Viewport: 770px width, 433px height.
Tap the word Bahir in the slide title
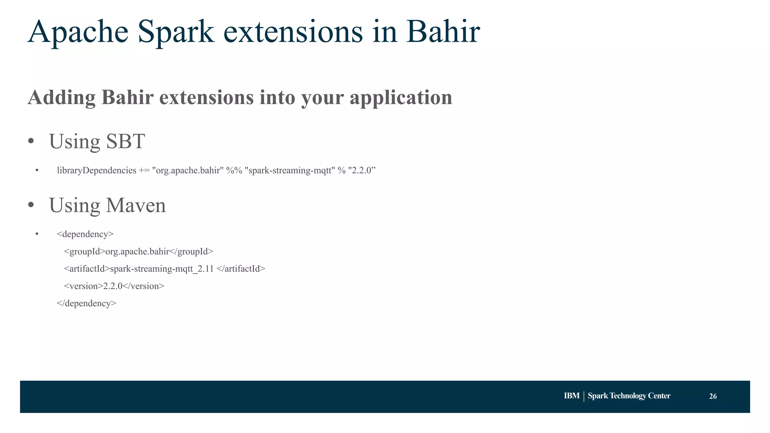tap(443, 32)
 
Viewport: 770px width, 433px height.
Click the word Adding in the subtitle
tap(62, 98)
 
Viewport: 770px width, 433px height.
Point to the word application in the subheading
tap(401, 98)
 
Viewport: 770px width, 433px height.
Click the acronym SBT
tap(125, 141)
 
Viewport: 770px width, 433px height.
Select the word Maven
tap(136, 205)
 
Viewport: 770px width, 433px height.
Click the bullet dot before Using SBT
tap(31, 142)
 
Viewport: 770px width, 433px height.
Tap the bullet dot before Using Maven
tap(31, 206)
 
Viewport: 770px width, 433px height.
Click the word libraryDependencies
tap(96, 170)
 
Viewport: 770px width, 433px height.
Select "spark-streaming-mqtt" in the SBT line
tap(290, 170)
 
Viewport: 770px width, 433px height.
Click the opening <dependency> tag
tap(85, 234)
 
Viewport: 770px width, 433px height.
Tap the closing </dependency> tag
tap(86, 303)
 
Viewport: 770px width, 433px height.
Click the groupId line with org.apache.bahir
tap(138, 251)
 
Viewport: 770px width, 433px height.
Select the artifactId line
tap(164, 269)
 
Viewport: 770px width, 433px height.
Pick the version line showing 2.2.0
tap(114, 286)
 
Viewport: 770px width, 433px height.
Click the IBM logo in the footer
tap(571, 396)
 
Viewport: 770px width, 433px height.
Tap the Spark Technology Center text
tap(629, 396)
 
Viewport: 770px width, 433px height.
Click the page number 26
tap(712, 396)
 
